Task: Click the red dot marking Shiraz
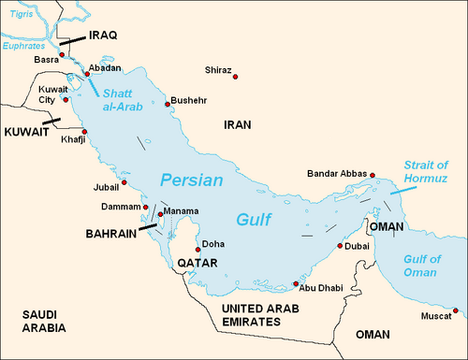point(235,76)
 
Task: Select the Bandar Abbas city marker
point(373,175)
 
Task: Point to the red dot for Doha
point(197,251)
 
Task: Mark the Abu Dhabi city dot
point(296,283)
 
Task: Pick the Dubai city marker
point(338,248)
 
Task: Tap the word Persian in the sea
point(191,180)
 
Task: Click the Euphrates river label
point(24,45)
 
